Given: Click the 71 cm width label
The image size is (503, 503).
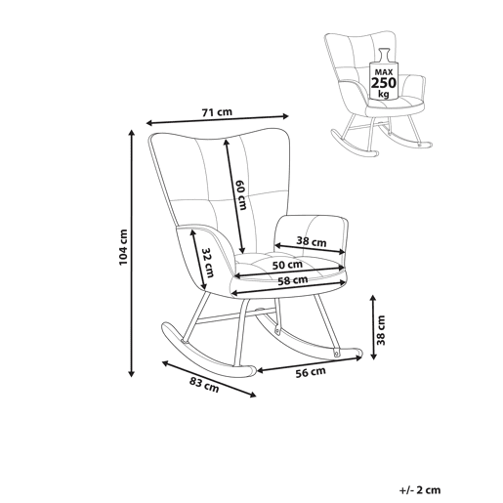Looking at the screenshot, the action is (x=217, y=112).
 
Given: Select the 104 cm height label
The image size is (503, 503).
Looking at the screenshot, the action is (x=123, y=247).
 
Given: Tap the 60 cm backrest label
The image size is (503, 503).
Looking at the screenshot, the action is (x=241, y=194).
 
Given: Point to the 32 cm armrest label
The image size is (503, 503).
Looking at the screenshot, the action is (x=208, y=263).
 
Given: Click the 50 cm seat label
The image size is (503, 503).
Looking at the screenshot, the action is (x=287, y=265).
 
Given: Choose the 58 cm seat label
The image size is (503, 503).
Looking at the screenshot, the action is (x=293, y=280).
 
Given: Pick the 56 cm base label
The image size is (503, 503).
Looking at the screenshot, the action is (x=311, y=372).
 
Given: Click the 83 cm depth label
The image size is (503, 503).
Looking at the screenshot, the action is (x=204, y=385).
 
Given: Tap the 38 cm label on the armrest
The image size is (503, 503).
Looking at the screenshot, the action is (x=312, y=241).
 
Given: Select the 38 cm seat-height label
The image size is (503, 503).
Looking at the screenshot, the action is (x=381, y=330).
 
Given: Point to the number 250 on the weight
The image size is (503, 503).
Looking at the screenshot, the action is (x=384, y=83).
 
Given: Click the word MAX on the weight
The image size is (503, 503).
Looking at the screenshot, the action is (x=384, y=72).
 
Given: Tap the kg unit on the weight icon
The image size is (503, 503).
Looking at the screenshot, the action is (x=384, y=94).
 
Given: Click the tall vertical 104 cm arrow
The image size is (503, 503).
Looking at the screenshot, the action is (x=132, y=253).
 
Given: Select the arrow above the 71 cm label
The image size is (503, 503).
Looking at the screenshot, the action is (x=217, y=119).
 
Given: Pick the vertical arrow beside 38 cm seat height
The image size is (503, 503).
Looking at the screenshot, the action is (x=374, y=327).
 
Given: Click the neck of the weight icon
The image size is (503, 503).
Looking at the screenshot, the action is (x=384, y=55).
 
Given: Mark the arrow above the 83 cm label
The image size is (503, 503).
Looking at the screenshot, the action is (x=209, y=379).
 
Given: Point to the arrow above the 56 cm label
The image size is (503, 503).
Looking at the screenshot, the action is (x=310, y=364).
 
